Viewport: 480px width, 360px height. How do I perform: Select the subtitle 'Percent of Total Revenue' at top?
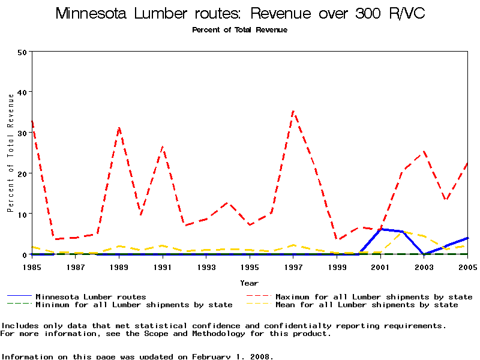coord(239,30)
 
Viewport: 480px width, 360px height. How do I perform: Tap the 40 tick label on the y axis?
coord(23,92)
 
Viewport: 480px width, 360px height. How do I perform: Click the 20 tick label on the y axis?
coord(23,173)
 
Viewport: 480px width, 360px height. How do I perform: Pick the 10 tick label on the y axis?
coord(23,214)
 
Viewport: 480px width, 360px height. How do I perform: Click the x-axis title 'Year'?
coord(249,283)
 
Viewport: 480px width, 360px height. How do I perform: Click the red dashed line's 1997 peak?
coord(293,111)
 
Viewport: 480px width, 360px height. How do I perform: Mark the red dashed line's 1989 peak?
coord(119,128)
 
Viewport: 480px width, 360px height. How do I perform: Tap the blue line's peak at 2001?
coord(380,229)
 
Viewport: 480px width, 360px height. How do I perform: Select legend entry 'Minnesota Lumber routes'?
coord(91,296)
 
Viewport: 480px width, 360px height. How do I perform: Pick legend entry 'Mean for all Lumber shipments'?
coord(366,305)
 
